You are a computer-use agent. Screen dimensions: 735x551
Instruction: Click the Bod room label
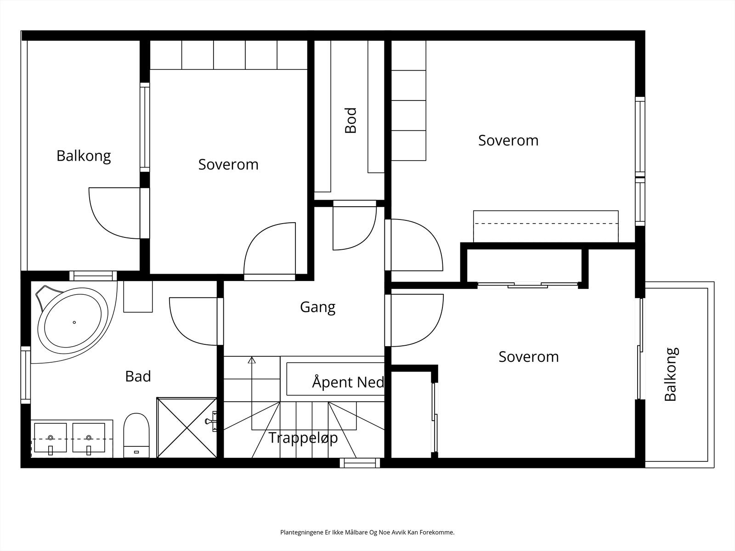[x=351, y=120]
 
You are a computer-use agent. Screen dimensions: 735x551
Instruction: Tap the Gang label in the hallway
[x=317, y=307]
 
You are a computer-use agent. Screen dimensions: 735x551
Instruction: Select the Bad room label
[x=138, y=377]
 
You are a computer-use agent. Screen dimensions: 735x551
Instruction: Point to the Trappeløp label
[x=303, y=438]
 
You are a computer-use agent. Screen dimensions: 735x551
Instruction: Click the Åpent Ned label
[x=348, y=382]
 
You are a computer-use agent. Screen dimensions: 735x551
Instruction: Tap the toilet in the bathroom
[x=136, y=435]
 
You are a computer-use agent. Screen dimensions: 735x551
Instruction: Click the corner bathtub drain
[x=74, y=322]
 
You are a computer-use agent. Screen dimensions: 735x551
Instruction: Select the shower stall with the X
[x=187, y=427]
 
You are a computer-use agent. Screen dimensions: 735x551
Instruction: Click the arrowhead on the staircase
[x=252, y=360]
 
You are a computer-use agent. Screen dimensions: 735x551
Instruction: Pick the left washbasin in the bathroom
[x=51, y=438]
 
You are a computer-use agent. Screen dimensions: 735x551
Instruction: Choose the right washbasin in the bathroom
[x=89, y=438]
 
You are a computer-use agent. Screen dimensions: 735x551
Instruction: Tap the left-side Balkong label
[x=84, y=156]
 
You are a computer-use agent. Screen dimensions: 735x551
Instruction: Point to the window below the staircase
[x=360, y=463]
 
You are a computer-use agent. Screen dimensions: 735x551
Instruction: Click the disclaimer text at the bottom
[x=367, y=532]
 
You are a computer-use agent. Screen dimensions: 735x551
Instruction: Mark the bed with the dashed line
[x=546, y=226]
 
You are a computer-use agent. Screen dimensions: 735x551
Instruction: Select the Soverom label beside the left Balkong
[x=228, y=164]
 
